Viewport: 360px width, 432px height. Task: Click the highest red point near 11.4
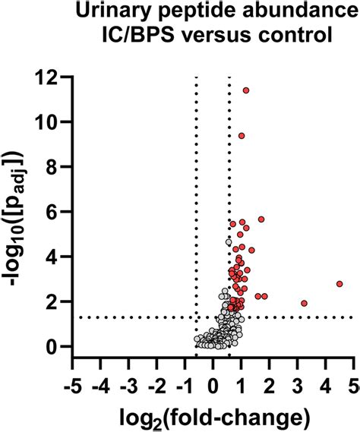point(246,90)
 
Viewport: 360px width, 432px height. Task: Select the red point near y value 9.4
point(242,136)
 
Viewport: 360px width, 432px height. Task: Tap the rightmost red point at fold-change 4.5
point(339,284)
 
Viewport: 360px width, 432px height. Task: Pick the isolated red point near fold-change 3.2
point(304,303)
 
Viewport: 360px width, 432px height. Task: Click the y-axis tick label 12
point(50,77)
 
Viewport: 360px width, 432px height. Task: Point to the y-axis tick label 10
point(50,121)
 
